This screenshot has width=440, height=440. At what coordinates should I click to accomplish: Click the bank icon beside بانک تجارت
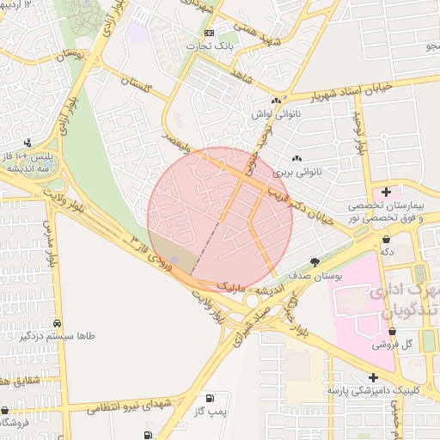(209, 32)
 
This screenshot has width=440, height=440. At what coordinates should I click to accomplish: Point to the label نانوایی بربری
(295, 172)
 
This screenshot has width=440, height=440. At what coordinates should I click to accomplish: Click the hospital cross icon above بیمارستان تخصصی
(386, 192)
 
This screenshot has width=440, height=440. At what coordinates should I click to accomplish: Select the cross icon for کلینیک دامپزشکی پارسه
(372, 377)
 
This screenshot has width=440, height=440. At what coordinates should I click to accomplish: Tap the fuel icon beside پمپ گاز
(209, 399)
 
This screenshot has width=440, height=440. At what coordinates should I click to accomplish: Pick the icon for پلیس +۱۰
(28, 143)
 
